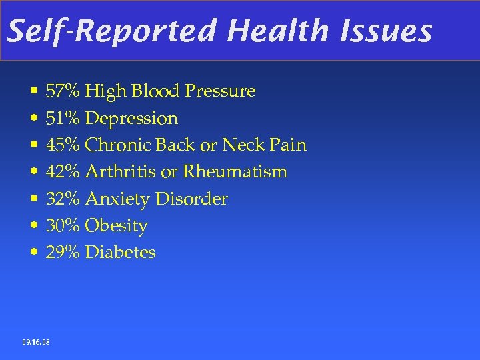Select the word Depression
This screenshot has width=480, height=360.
(x=132, y=119)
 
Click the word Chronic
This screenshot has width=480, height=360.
(x=117, y=145)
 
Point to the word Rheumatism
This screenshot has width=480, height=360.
(x=235, y=171)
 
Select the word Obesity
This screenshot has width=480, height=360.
(x=117, y=226)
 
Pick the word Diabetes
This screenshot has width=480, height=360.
(x=121, y=252)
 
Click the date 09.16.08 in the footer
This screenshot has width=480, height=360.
(x=35, y=342)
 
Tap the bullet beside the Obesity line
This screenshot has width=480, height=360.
(x=33, y=226)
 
